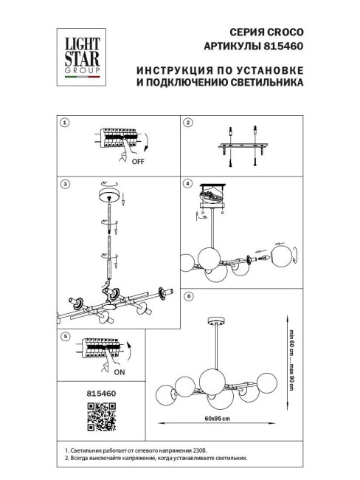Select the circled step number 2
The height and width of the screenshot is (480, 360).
tap(188, 123)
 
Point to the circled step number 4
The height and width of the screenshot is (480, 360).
tap(188, 183)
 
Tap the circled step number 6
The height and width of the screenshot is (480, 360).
tap(188, 295)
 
